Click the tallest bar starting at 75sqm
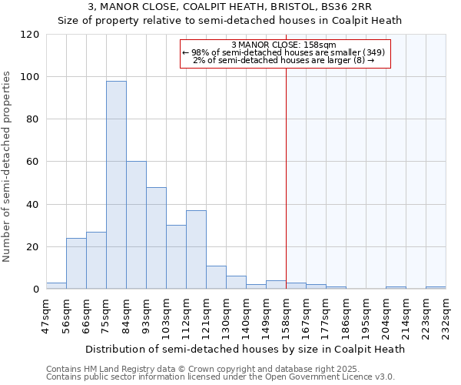[x=116, y=185]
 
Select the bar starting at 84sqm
[x=136, y=225]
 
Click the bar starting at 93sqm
[x=156, y=238]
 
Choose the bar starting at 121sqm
[x=216, y=277]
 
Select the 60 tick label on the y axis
[x=33, y=162]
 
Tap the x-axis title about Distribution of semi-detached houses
[x=244, y=349]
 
